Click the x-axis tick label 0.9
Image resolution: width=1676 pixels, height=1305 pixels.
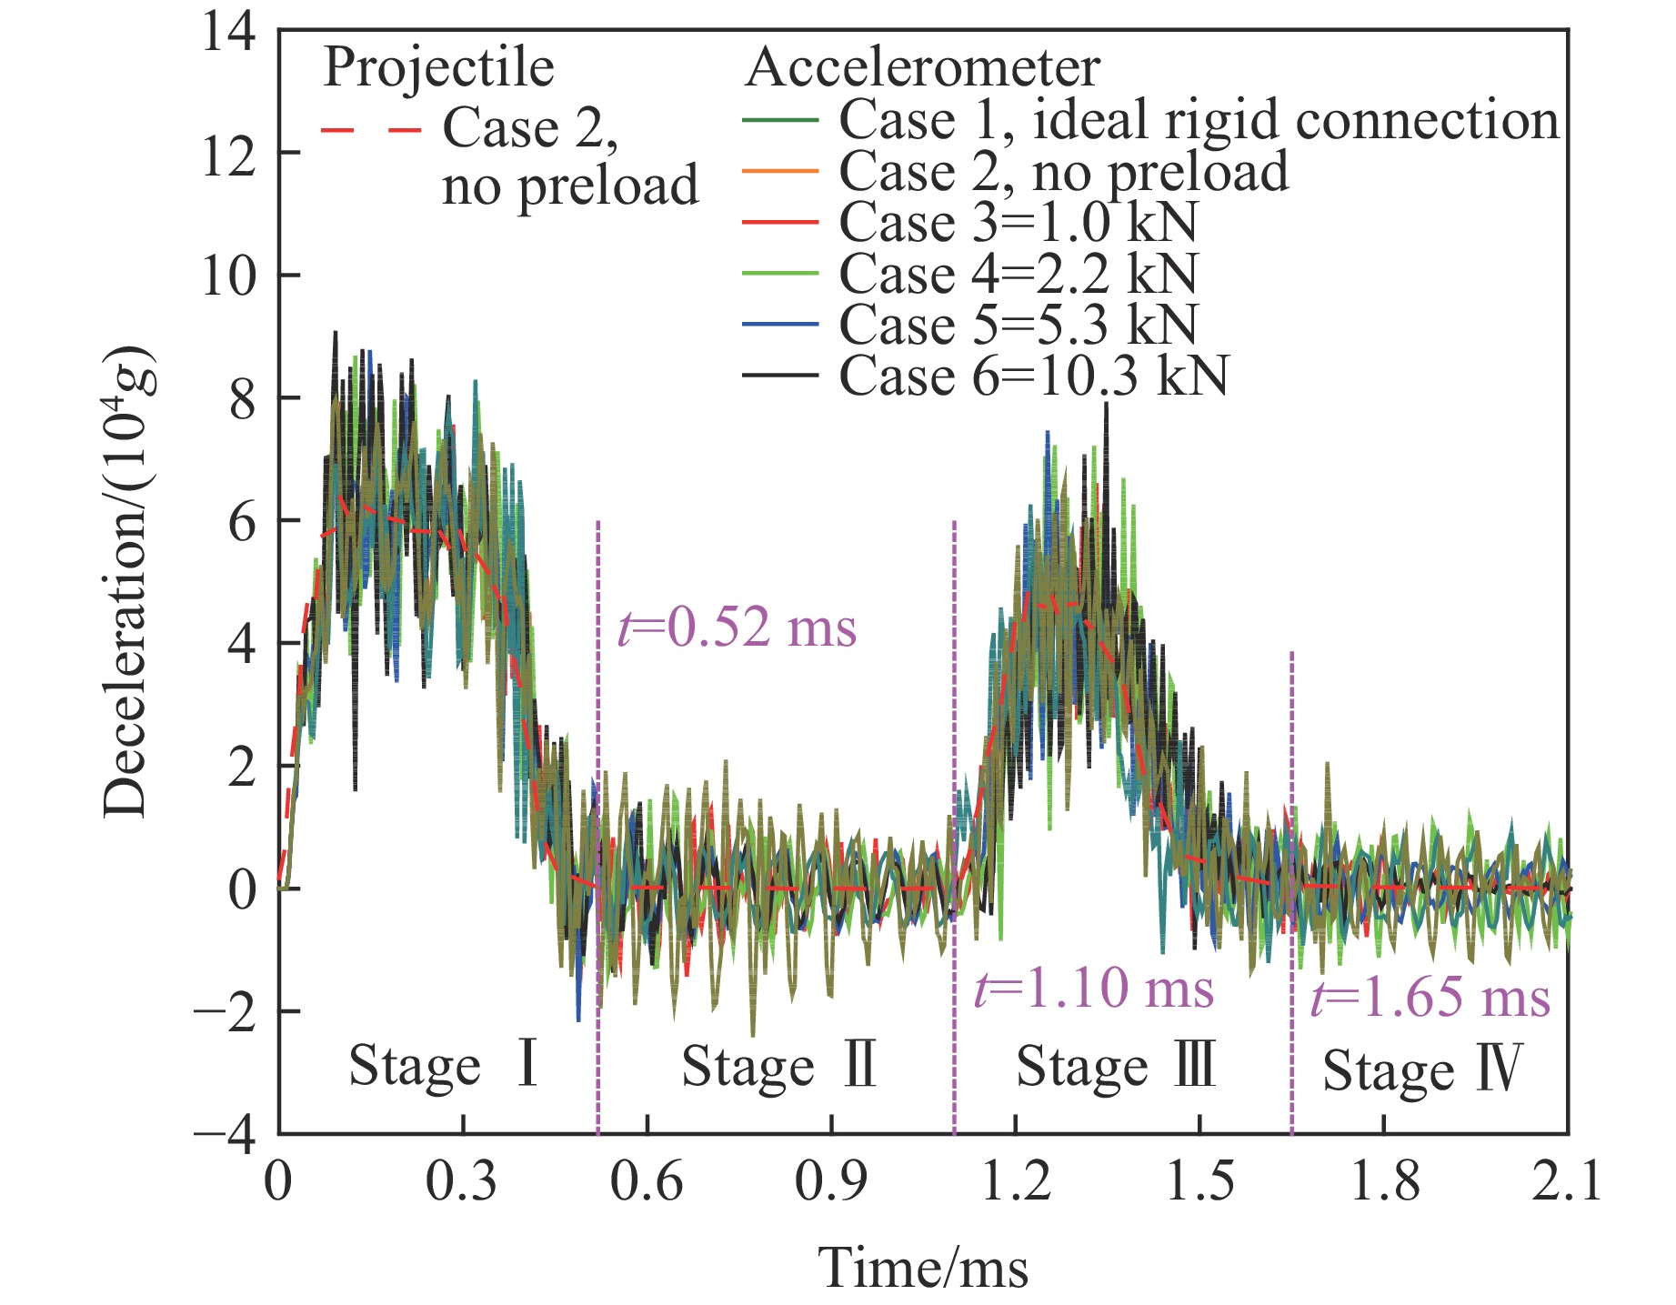click(x=830, y=1182)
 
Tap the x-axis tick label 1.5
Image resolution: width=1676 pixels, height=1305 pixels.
click(x=1200, y=1182)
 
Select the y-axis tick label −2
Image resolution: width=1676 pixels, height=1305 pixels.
click(x=224, y=1012)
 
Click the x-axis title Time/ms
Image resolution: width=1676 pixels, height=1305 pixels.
click(x=924, y=1268)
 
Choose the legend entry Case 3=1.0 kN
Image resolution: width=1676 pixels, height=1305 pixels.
click(x=1018, y=222)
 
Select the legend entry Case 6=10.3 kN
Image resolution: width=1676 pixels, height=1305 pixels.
click(x=1033, y=376)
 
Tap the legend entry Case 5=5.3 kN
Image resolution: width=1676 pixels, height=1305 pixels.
click(x=1018, y=325)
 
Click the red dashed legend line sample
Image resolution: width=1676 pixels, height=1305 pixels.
click(x=371, y=131)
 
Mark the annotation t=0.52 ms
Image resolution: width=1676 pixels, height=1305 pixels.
click(x=737, y=627)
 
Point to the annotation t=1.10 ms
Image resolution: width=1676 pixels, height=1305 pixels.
click(x=1093, y=989)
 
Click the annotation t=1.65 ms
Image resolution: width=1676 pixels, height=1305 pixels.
click(x=1430, y=998)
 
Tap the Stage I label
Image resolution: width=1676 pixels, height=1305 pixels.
click(x=444, y=1066)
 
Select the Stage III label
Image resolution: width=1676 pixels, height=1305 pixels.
click(x=1116, y=1066)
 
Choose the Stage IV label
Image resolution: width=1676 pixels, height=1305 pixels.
click(x=1421, y=1069)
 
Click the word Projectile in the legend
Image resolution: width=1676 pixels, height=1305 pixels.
click(x=438, y=68)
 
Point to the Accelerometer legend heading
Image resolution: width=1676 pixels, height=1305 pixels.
click(x=922, y=68)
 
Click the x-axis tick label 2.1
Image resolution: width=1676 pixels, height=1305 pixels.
click(x=1566, y=1182)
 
